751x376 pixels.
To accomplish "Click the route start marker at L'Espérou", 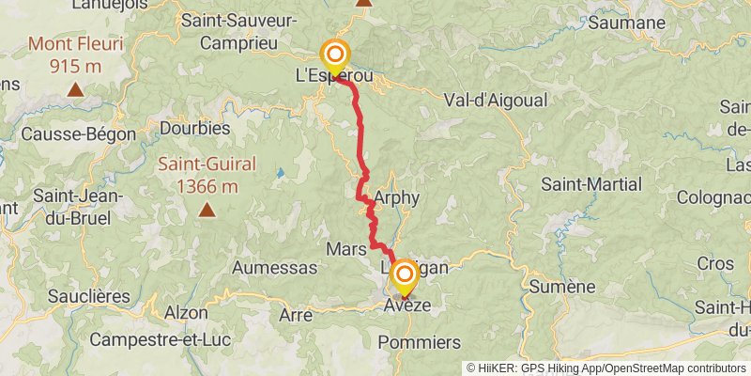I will coord(334,55).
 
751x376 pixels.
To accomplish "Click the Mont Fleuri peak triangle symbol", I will coord(74,90).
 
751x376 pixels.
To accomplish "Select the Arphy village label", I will coord(396,198).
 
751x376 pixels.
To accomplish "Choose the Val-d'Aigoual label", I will coord(487,99).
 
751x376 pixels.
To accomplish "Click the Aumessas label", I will coord(274,268).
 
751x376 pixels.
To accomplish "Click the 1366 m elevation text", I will coord(207,185).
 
